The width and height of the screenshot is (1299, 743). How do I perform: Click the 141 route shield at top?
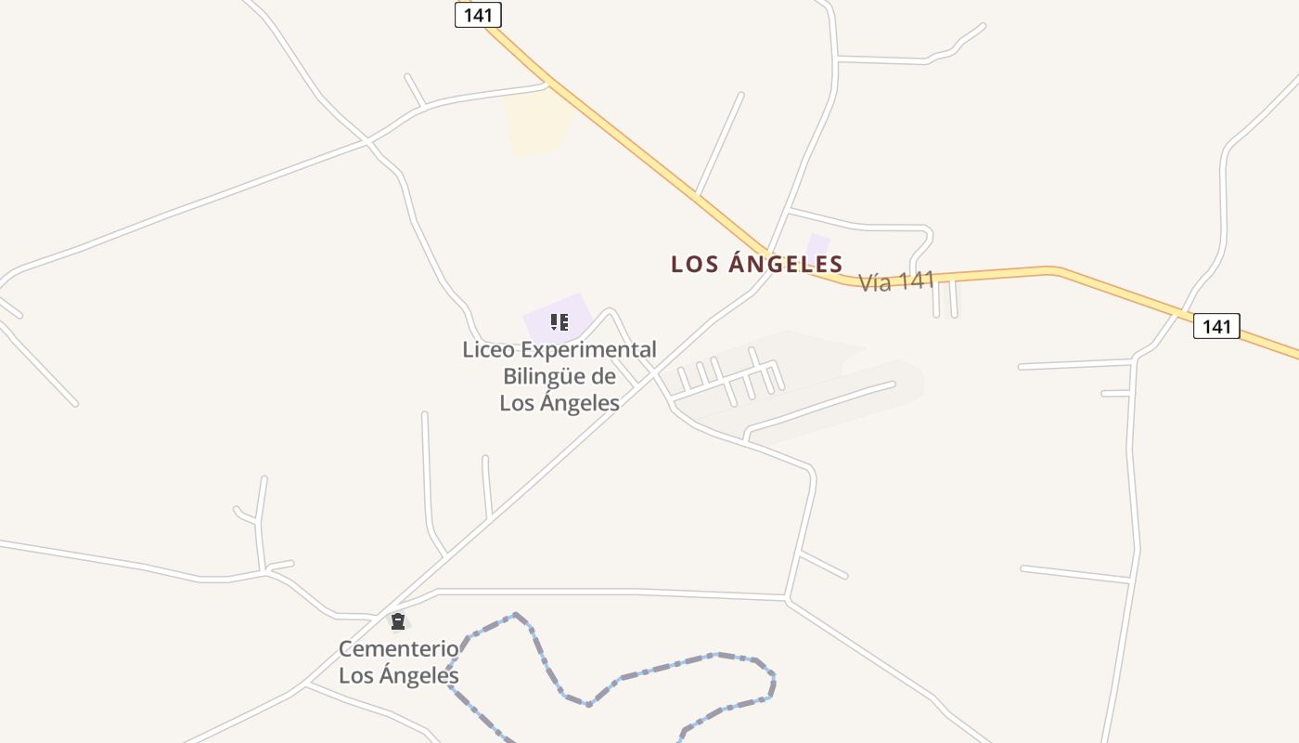tap(478, 15)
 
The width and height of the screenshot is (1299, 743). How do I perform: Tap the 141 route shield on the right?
tap(1215, 326)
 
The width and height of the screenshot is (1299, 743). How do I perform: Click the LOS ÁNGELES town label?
tap(756, 264)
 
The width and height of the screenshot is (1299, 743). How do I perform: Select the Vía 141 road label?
tap(895, 281)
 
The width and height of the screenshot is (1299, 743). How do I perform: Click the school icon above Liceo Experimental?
tap(559, 322)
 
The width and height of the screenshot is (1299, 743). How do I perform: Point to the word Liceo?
tap(489, 350)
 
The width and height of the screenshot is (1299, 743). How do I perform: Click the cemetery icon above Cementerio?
tap(398, 621)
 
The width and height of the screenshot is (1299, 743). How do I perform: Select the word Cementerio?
tap(398, 648)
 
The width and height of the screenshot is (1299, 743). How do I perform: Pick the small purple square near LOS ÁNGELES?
tap(817, 246)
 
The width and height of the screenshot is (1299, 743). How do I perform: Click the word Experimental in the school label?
tap(588, 350)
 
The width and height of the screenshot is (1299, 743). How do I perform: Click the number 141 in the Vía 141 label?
tap(915, 280)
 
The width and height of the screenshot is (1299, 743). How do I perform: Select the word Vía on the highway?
tap(875, 283)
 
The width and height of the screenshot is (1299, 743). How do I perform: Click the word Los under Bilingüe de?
tap(516, 402)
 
